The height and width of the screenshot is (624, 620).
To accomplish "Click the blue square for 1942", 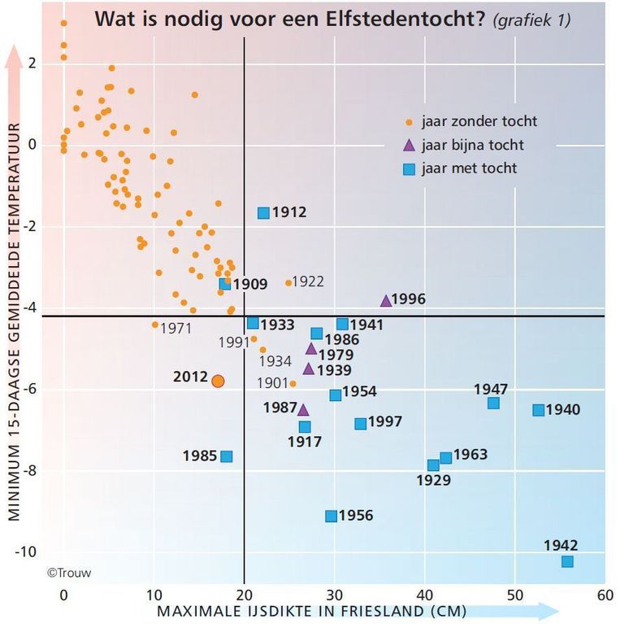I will pyautogui.click(x=567, y=561).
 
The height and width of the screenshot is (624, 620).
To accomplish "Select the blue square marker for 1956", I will pyautogui.click(x=331, y=516).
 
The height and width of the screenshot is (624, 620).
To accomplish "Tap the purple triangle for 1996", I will pyautogui.click(x=386, y=300).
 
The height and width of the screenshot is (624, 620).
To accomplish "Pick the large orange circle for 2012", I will pyautogui.click(x=217, y=380).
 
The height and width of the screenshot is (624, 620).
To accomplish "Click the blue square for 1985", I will pyautogui.click(x=227, y=456).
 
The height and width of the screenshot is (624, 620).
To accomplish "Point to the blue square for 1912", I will pyautogui.click(x=263, y=213).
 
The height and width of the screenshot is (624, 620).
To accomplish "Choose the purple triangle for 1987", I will pyautogui.click(x=303, y=409).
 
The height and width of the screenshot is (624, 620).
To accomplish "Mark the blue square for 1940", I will pyautogui.click(x=538, y=410).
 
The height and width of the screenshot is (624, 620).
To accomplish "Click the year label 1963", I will pyautogui.click(x=470, y=454).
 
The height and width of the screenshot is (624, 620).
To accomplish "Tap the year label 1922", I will pyautogui.click(x=308, y=281).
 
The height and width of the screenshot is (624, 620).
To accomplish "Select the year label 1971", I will pyautogui.click(x=176, y=329).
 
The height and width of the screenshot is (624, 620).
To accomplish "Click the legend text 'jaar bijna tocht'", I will pyautogui.click(x=472, y=146).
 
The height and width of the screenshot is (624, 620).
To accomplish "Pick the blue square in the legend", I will pyautogui.click(x=410, y=169).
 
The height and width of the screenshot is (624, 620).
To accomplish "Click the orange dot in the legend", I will pyautogui.click(x=410, y=123).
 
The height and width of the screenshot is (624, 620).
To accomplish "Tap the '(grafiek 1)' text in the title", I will pyautogui.click(x=531, y=20).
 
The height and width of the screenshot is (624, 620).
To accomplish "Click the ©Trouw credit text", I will pyautogui.click(x=69, y=573).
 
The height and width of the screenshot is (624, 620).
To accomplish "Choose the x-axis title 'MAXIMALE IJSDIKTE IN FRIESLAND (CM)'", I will pyautogui.click(x=314, y=611).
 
